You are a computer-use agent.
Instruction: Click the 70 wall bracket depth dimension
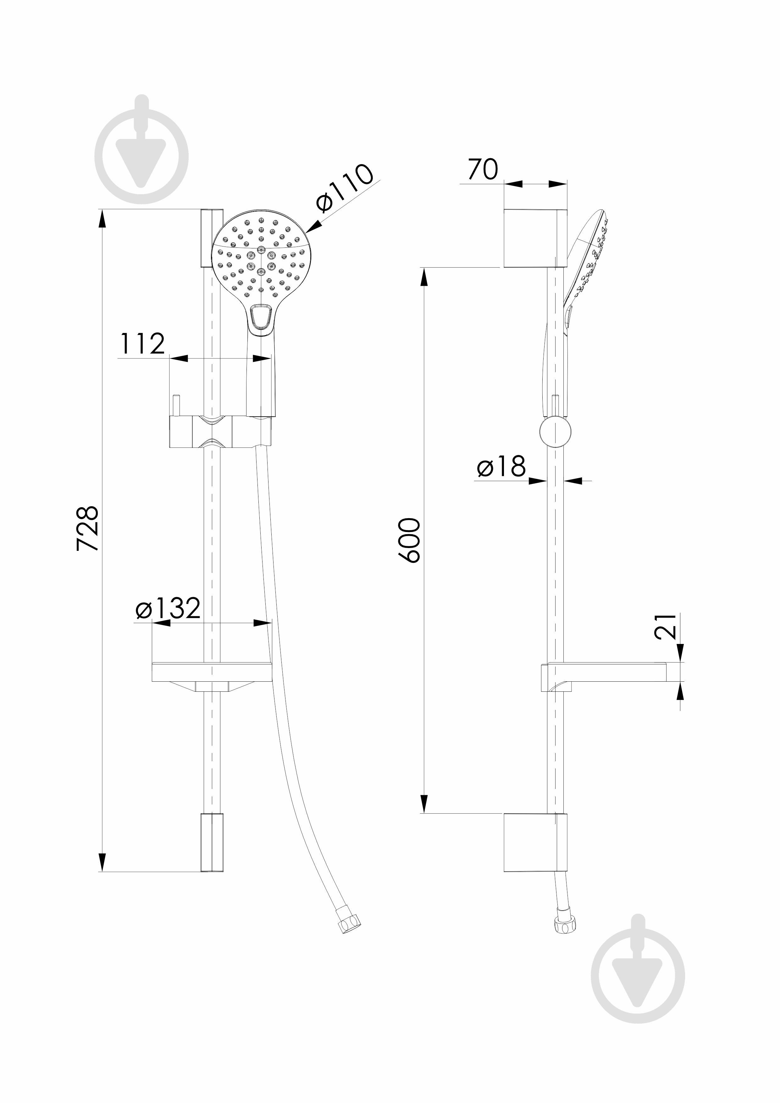pyautogui.click(x=483, y=169)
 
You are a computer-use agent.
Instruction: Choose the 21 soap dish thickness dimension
pyautogui.click(x=665, y=626)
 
